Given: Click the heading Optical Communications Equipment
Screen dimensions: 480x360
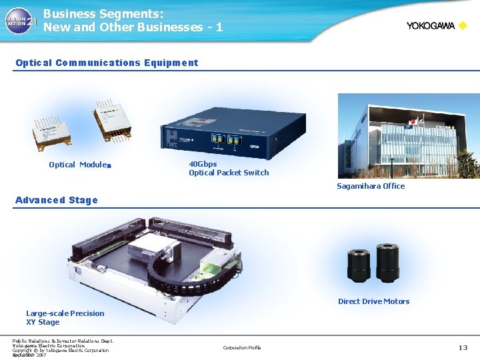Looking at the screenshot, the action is click(107, 63).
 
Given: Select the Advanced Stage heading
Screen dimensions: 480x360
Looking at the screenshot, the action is click(56, 200).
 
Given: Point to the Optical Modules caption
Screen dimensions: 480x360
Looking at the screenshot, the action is click(79, 165).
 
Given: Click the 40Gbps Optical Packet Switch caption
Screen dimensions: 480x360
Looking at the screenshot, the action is click(229, 168).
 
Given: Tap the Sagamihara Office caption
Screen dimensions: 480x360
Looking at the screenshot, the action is click(371, 186).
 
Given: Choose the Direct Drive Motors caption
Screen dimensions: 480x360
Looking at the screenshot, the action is click(373, 301).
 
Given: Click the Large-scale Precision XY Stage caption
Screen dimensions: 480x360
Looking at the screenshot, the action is click(65, 317).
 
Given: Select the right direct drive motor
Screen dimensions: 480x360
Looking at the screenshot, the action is click(387, 261).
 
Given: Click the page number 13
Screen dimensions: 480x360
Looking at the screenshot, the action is click(463, 347).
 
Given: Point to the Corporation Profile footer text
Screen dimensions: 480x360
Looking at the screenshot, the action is click(242, 347).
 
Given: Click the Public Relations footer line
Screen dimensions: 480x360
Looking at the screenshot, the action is click(63, 341).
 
